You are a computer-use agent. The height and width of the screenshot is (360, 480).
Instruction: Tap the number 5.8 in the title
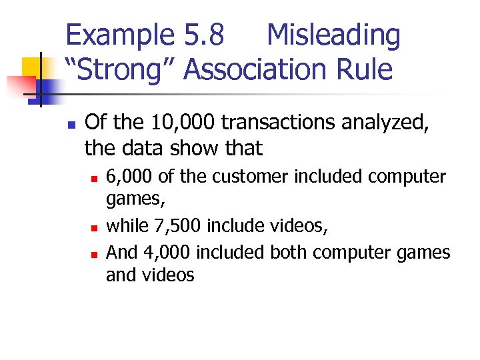coord(203,36)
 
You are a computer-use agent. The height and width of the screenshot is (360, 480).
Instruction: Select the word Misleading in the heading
coord(333,36)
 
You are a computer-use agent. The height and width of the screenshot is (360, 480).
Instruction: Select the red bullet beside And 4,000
coord(95,254)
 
